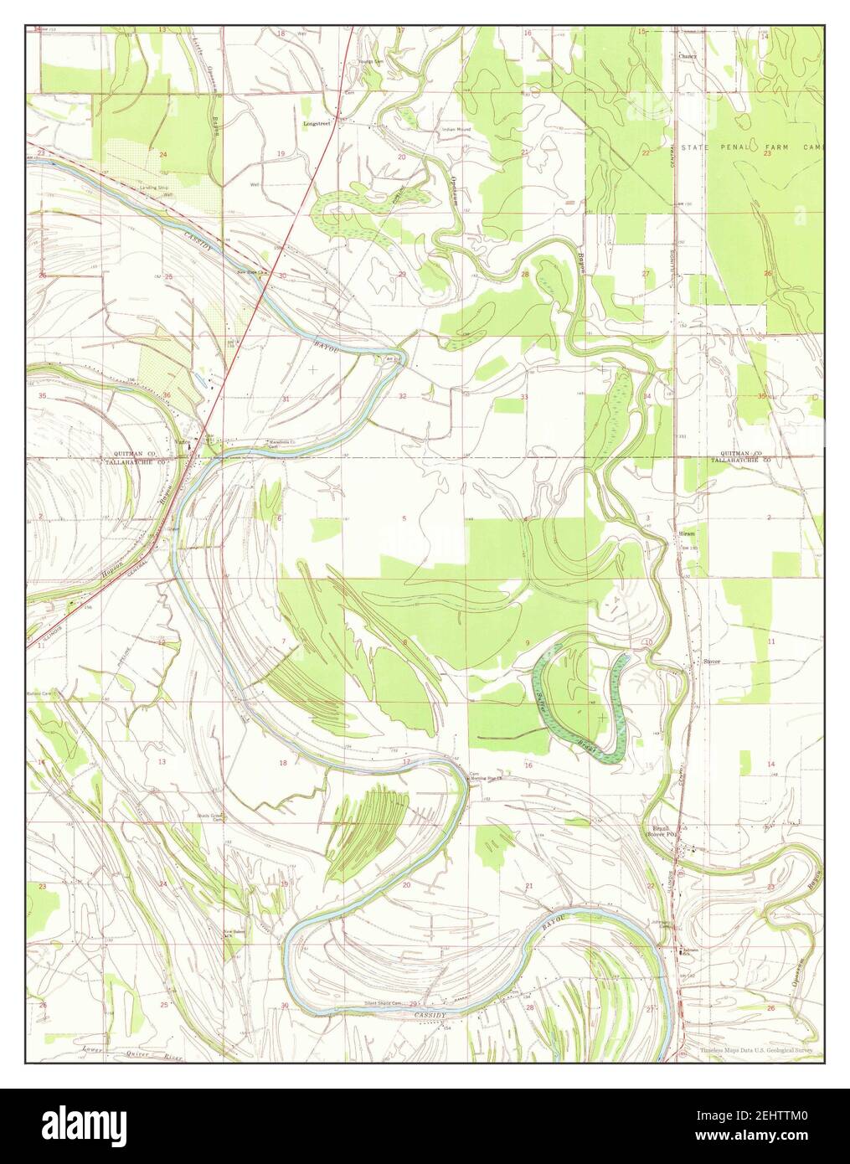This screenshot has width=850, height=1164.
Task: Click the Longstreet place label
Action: [314, 122]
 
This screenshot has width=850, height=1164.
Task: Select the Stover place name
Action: [712, 661]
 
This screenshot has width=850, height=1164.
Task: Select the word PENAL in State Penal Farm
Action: [729, 147]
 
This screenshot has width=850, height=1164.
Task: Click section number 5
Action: [404, 519]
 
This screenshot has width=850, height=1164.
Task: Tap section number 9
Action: [527, 642]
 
